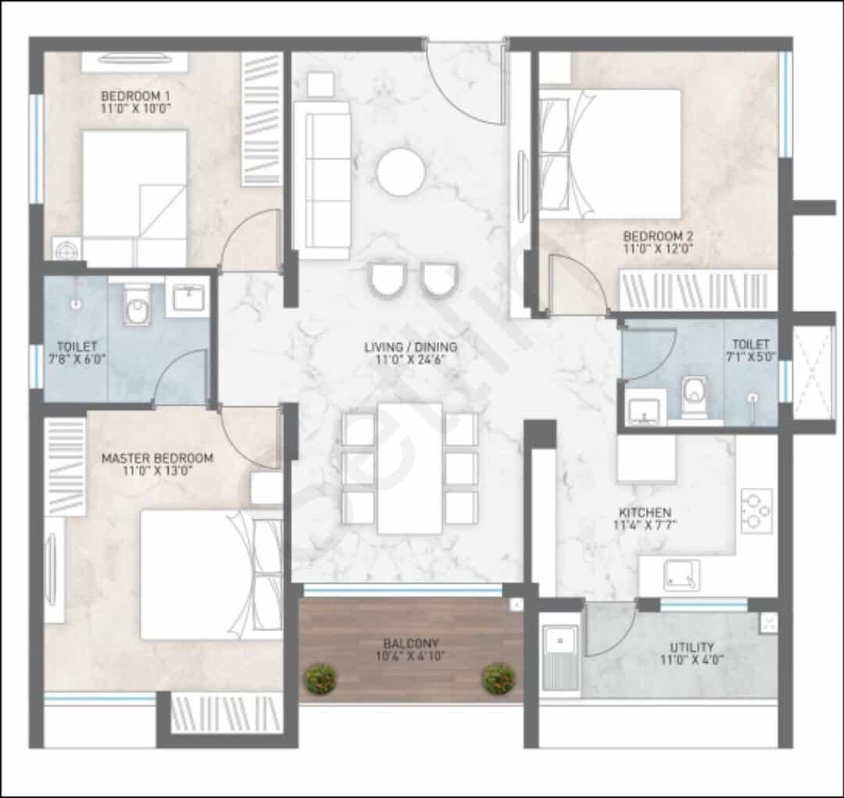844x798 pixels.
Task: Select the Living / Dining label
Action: pos(411,347)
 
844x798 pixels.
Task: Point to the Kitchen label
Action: pos(645,512)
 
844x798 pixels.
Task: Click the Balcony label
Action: pos(411,643)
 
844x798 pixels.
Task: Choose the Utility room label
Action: pos(692,646)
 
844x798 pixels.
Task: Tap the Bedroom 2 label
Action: pos(658,236)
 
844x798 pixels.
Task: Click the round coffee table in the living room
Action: pos(401,172)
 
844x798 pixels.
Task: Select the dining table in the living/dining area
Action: pos(409,468)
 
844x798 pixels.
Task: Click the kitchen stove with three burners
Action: pos(756,510)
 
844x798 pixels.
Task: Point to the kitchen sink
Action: pos(681,575)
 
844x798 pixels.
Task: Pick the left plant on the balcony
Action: pos(320,679)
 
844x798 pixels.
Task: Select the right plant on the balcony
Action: pos(499,679)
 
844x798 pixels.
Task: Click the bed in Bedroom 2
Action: pos(610,154)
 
